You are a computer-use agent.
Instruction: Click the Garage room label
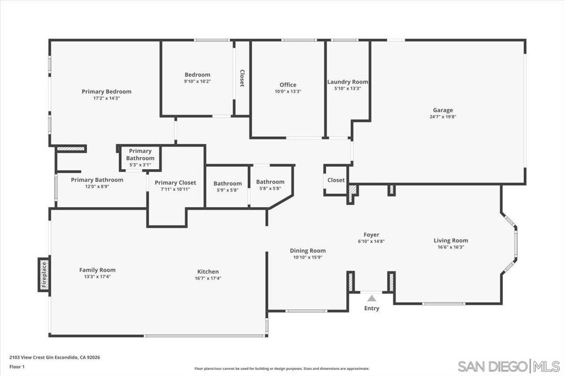tap(443, 110)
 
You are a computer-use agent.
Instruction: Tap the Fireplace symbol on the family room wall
tap(44, 275)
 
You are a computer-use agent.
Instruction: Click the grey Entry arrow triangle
tap(372, 298)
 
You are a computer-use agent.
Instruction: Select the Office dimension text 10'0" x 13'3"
tap(288, 92)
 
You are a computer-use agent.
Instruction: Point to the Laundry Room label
tap(348, 82)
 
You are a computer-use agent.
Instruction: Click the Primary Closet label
tap(176, 182)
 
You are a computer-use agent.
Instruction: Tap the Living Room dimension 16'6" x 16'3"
tap(451, 247)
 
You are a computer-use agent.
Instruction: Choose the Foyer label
tap(371, 235)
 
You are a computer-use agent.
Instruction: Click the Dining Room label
tap(308, 251)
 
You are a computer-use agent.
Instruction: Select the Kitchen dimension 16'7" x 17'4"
tap(208, 278)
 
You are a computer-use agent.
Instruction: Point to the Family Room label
tap(97, 270)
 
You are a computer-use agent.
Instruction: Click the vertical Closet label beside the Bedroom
tap(242, 78)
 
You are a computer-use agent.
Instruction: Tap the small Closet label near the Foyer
tap(336, 180)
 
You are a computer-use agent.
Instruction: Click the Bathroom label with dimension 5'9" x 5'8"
tap(227, 184)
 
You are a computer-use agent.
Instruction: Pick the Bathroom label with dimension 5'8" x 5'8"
tap(270, 182)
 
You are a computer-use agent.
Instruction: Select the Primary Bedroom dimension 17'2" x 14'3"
tap(106, 98)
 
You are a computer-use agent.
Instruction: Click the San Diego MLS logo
tap(508, 367)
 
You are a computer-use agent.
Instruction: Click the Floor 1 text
tap(17, 367)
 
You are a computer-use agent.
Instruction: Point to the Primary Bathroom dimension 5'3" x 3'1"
tap(140, 165)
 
